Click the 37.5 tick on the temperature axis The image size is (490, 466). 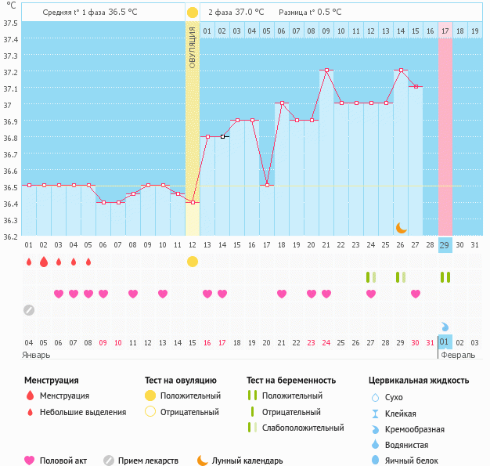click(x=11, y=23)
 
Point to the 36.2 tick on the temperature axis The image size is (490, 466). click(x=11, y=236)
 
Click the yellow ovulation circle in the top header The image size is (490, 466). click(x=193, y=13)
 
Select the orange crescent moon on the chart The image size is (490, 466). click(x=401, y=227)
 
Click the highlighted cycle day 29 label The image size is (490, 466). click(x=445, y=245)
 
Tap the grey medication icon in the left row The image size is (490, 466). click(x=29, y=309)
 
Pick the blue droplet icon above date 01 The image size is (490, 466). click(x=445, y=327)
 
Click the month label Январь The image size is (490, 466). click(x=36, y=354)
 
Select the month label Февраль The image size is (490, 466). click(x=457, y=354)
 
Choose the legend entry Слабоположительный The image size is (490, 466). click(x=304, y=428)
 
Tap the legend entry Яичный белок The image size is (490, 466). click(x=416, y=461)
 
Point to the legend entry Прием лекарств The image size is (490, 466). click(x=148, y=461)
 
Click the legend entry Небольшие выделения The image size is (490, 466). click(x=82, y=412)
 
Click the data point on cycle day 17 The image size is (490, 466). click(x=266, y=185)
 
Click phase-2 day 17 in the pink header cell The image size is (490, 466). click(x=445, y=31)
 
